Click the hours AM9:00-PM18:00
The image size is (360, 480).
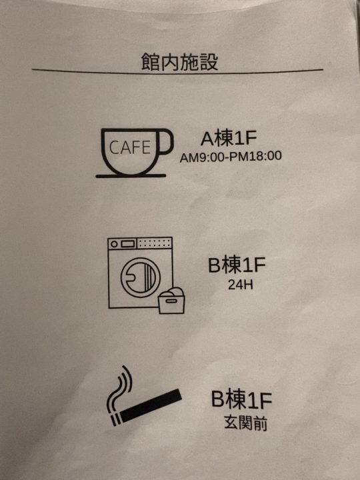[x=231, y=157]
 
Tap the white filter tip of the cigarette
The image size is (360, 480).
[x=117, y=418]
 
